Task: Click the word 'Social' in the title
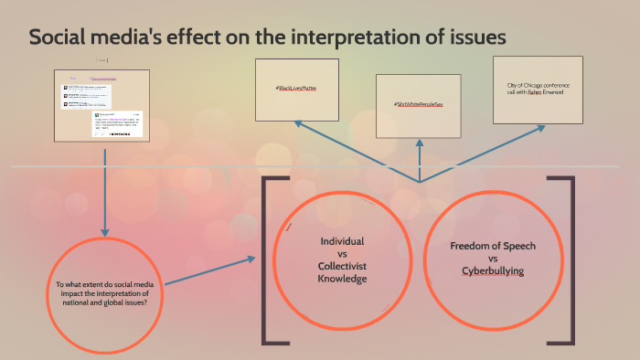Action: (57, 38)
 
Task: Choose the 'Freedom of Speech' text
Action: (493, 247)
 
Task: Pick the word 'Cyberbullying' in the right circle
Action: (493, 272)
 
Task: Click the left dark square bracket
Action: (268, 260)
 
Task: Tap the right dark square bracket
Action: (571, 260)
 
